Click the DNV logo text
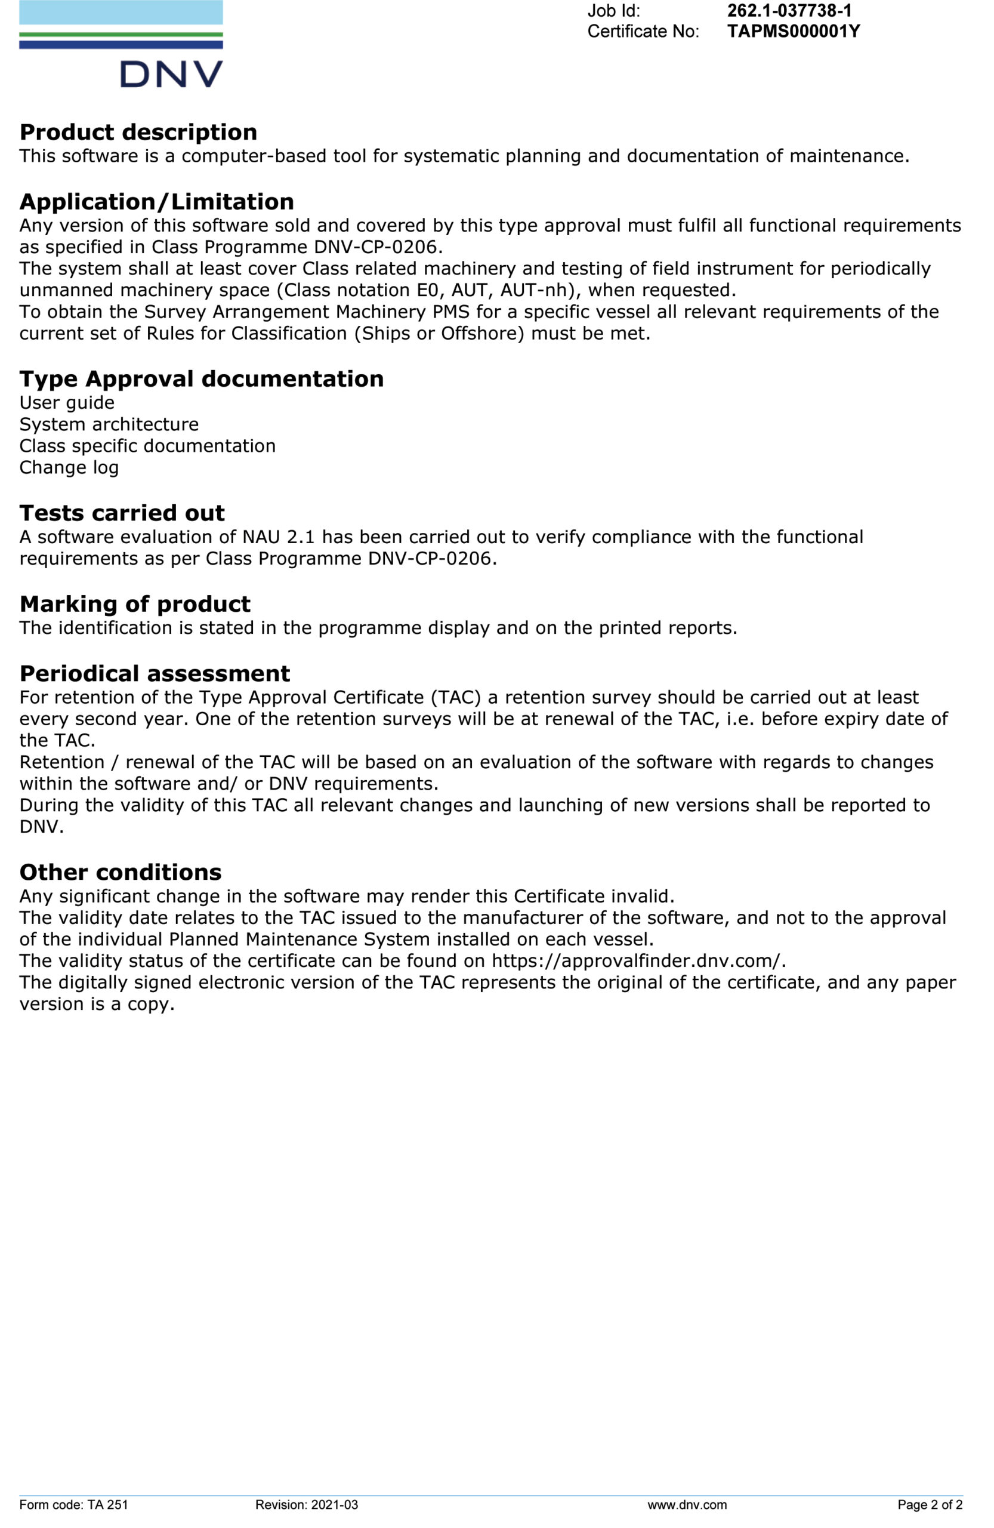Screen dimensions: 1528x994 tap(171, 75)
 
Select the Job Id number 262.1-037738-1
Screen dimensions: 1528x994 tap(789, 11)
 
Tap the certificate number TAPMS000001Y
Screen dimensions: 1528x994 tap(793, 32)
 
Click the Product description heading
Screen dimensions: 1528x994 tap(138, 133)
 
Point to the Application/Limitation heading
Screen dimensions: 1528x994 tap(156, 202)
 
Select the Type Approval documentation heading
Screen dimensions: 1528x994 tap(202, 379)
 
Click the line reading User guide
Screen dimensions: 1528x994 tap(67, 402)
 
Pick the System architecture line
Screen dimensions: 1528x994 tap(109, 424)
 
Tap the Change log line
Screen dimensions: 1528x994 tap(69, 467)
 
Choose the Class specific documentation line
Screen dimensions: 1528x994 tap(147, 445)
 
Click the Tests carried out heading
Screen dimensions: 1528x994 tap(122, 513)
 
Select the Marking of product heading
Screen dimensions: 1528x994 tap(135, 604)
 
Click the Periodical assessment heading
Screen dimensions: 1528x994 tap(155, 673)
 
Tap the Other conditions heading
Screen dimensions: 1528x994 tap(120, 873)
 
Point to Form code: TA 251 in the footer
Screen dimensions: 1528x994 tap(74, 1505)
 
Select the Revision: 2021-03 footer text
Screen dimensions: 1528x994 tap(306, 1505)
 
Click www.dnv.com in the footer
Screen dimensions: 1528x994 tap(687, 1505)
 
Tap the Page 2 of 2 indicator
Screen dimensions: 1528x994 tap(929, 1505)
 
